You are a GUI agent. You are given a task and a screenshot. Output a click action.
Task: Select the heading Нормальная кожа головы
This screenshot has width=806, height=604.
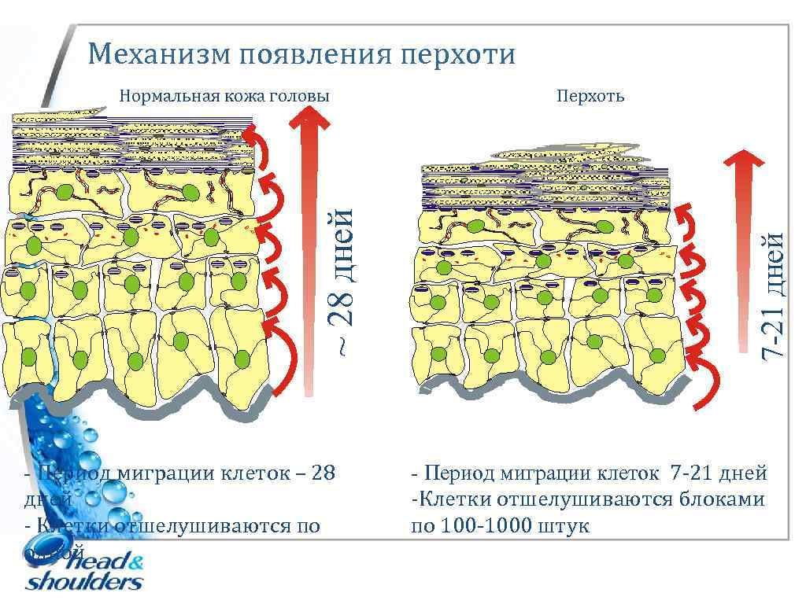point(224,96)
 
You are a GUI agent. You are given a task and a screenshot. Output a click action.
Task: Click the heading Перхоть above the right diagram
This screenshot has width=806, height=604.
point(590,96)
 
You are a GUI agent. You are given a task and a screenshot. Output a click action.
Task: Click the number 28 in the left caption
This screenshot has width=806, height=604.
point(324,473)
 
